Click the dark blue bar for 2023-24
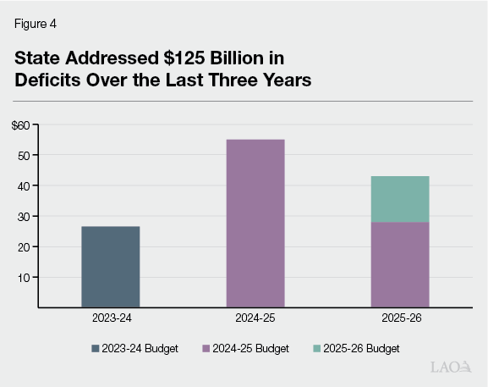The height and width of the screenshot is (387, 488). click(x=110, y=266)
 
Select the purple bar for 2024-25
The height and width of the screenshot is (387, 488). click(x=255, y=223)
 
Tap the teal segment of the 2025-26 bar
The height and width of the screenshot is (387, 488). click(x=400, y=199)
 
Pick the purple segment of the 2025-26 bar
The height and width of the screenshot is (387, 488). click(x=400, y=264)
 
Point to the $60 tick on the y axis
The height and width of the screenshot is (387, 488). click(x=20, y=125)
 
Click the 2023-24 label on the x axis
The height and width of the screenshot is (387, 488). click(x=110, y=320)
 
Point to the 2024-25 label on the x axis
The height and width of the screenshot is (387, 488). click(x=255, y=320)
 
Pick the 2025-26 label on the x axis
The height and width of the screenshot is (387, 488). click(x=400, y=320)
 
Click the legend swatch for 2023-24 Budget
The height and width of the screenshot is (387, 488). click(x=96, y=348)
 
